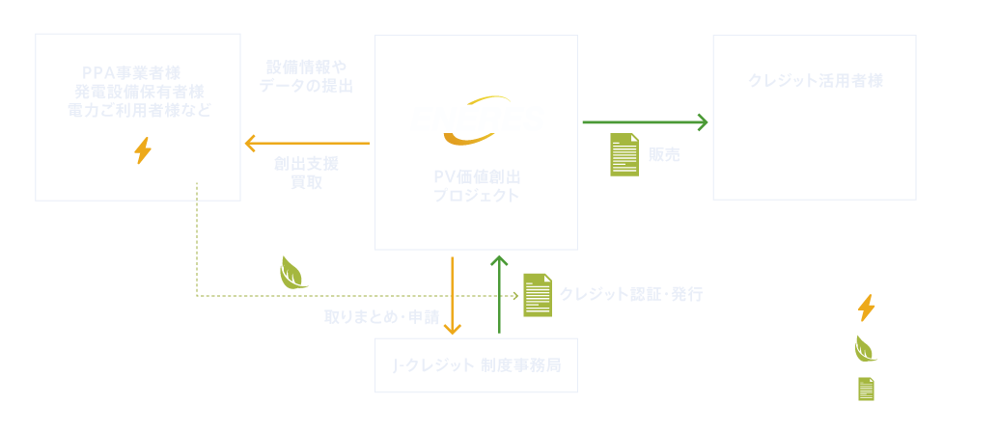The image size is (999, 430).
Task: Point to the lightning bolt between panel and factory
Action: pyautogui.click(x=143, y=152)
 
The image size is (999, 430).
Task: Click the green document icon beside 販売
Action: pyautogui.click(x=624, y=154)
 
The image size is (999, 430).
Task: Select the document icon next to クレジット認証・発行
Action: pyautogui.click(x=538, y=294)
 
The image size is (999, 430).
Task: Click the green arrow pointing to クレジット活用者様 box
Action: pyautogui.click(x=645, y=122)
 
